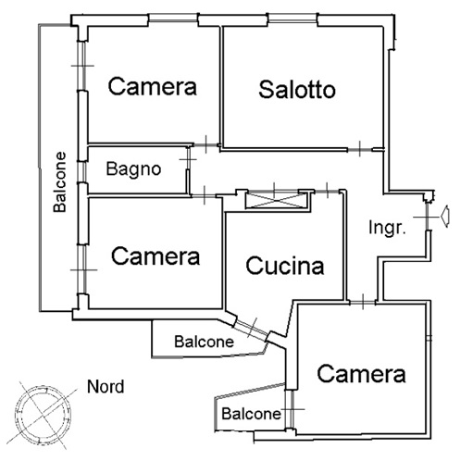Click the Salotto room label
297,90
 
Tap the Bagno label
133,169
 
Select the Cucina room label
285,266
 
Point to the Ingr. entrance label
387,228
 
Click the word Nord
106,387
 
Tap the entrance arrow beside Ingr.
444,217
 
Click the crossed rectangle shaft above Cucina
277,200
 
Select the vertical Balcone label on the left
59,182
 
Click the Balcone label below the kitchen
204,342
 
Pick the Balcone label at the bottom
251,414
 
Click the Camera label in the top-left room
152,86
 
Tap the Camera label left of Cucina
156,256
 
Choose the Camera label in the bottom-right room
361,374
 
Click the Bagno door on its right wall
188,158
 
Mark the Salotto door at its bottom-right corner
359,150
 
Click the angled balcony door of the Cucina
252,329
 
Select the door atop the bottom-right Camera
363,302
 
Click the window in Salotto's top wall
293,19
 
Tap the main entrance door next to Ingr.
428,217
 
